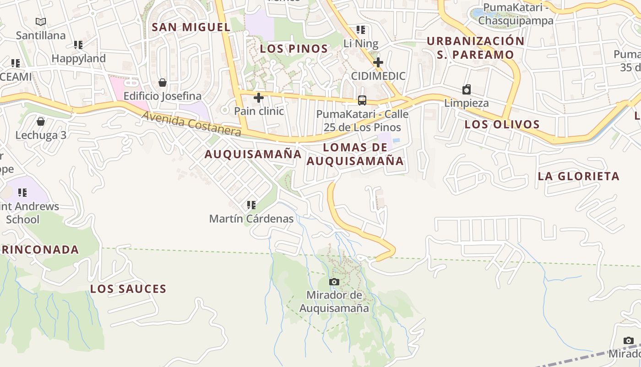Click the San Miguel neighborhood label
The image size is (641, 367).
point(191,27)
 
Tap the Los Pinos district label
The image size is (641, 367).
point(294,49)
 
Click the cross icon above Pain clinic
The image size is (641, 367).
point(259,98)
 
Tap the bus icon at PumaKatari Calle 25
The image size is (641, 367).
point(362,100)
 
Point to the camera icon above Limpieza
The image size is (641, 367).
point(467,89)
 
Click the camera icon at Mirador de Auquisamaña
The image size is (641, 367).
point(334,282)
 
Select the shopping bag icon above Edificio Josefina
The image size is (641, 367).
point(162,83)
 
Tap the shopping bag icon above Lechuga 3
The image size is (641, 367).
point(41,122)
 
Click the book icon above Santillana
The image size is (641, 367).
point(41,22)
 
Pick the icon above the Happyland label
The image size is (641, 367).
point(78,45)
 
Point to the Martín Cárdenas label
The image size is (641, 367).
point(251,219)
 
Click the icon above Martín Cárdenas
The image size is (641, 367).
point(251,205)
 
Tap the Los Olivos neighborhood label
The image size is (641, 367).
point(502,124)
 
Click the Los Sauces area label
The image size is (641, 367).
point(128,289)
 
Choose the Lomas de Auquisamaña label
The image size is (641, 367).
point(355,154)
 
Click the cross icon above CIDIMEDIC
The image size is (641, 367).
point(378,62)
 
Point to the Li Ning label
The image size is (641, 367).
point(361,44)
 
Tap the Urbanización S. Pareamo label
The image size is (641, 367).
point(476,48)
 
